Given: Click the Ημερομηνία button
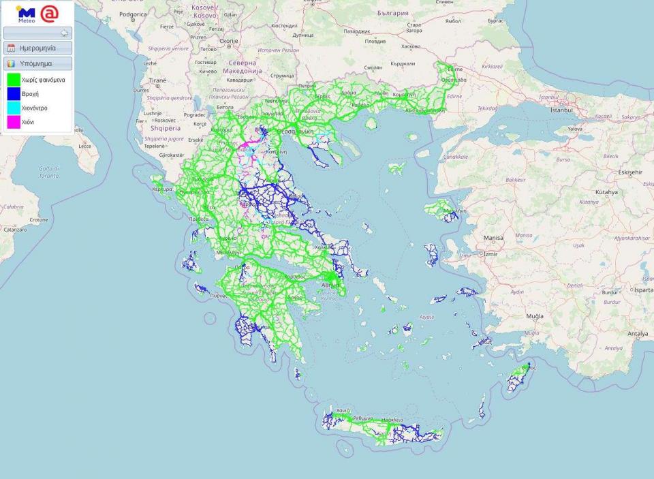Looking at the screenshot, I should click(37, 48).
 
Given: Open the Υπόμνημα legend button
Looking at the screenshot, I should click(37, 63).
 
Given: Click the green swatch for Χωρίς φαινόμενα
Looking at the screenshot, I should click(13, 80).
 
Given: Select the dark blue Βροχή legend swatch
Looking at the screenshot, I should click(13, 94).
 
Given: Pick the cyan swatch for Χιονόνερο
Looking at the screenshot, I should click(13, 108).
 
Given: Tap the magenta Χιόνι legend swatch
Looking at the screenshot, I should click(13, 122).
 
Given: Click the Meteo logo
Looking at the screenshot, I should click(27, 14).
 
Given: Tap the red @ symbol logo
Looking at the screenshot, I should click(50, 13).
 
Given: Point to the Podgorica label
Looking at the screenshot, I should click(133, 14).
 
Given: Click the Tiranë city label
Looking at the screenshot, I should click(157, 80).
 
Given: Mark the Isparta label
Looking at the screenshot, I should click(642, 290).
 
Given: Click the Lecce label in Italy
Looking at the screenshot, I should click(84, 146).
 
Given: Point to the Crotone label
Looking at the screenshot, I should click(38, 220).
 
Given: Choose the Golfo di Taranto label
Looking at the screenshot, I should click(48, 172).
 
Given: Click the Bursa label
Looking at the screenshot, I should click(563, 159).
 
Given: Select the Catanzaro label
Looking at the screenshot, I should click(15, 230).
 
